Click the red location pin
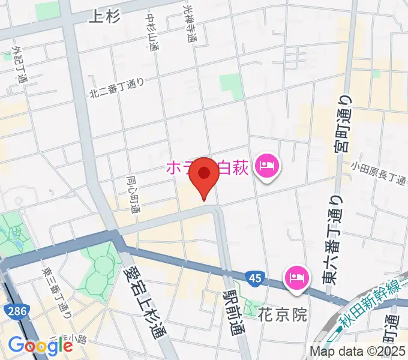(x=205, y=175)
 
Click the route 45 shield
(x=253, y=277)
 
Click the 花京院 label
(x=282, y=314)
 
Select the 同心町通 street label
(x=133, y=194)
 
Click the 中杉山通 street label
(x=152, y=32)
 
